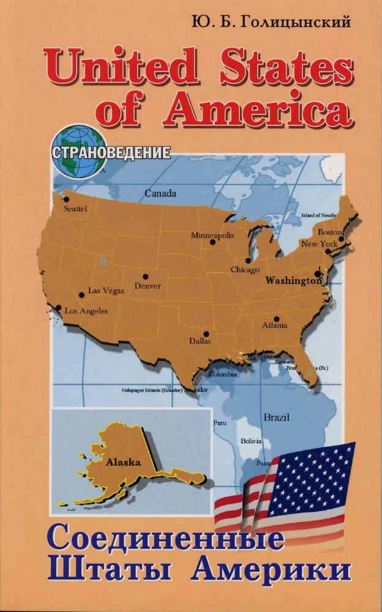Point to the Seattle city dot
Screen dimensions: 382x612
[x=66, y=200]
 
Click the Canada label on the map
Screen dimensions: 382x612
[x=160, y=193]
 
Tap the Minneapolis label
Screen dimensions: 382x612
[x=212, y=235]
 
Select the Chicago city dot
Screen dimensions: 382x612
[x=248, y=260]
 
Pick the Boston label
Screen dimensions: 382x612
[x=329, y=233]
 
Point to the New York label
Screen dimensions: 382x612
[x=319, y=244]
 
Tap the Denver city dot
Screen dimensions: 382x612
[x=146, y=277]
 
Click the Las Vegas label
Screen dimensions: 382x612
[x=106, y=291]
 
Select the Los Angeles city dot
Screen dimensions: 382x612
[x=58, y=308]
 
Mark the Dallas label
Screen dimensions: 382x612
[x=200, y=341]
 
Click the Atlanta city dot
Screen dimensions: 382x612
[x=277, y=318]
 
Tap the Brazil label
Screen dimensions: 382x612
[x=276, y=417]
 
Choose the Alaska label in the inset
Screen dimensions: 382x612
[x=124, y=463]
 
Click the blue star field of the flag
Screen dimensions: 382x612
[x=309, y=478]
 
